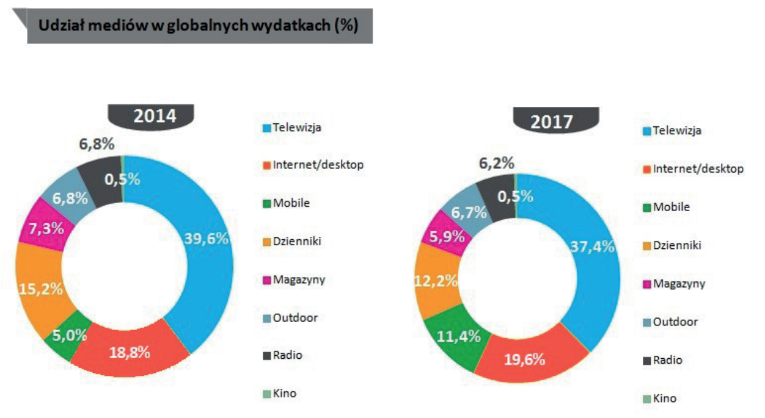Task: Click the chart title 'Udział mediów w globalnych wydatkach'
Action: point(199,26)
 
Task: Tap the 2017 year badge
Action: point(551,121)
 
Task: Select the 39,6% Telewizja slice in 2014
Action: point(207,238)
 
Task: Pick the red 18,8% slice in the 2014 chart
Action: point(130,352)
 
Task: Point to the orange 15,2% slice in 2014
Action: point(41,288)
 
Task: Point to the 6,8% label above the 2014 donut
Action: point(97,145)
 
